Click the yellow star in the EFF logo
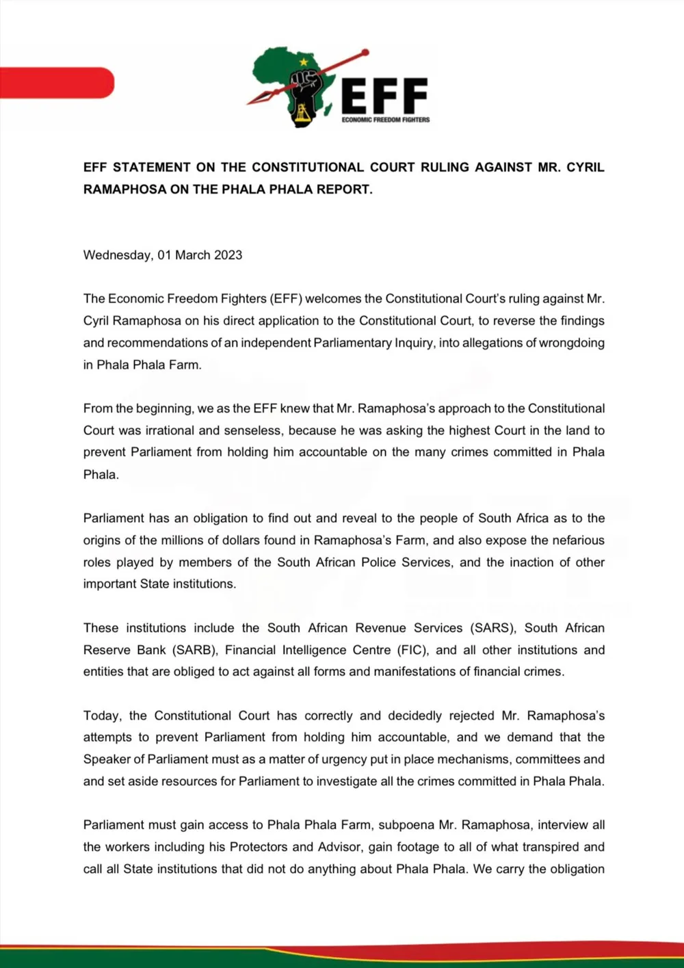(x=304, y=62)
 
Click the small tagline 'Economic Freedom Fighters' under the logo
(x=386, y=120)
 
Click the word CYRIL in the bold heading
(x=585, y=167)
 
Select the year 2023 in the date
(x=228, y=255)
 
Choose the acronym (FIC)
(x=410, y=650)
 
